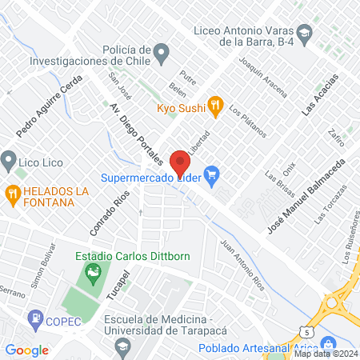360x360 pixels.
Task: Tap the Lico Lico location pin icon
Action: (x=8, y=161)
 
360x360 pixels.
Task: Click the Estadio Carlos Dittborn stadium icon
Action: (x=94, y=274)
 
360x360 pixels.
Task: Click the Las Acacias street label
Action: (x=321, y=96)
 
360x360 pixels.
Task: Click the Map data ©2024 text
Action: (x=325, y=353)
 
